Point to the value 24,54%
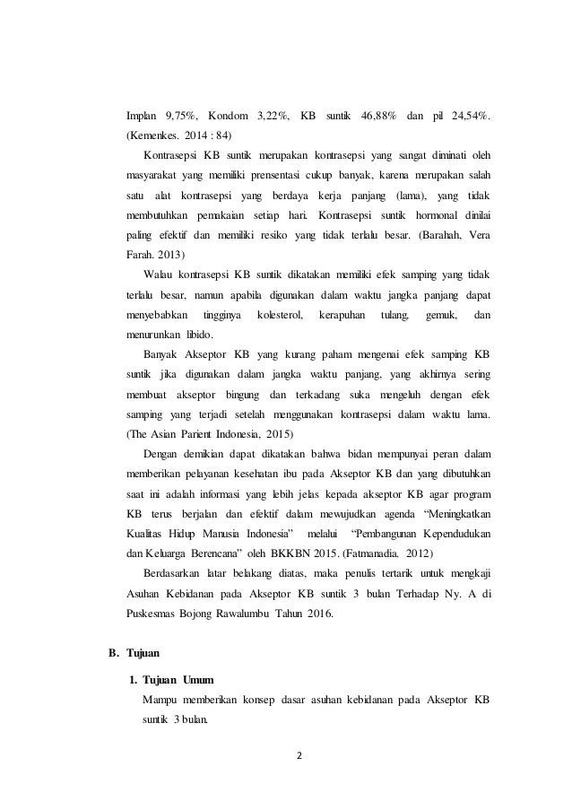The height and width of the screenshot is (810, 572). (x=471, y=117)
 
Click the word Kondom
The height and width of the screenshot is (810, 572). (x=231, y=117)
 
